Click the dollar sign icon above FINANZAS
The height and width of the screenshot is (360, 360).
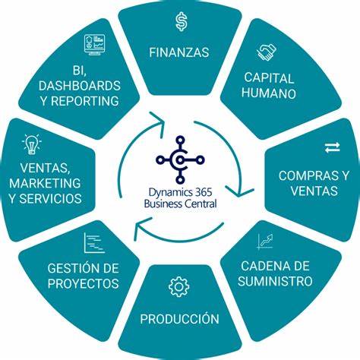click(182, 22)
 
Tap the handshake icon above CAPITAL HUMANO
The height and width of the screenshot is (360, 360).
click(267, 52)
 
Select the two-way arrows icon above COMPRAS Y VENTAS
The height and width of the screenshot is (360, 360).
click(333, 147)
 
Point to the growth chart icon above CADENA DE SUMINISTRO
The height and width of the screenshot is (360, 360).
click(265, 242)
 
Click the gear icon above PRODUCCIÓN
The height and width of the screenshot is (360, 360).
click(178, 286)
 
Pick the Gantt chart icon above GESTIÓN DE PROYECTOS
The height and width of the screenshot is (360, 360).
click(94, 243)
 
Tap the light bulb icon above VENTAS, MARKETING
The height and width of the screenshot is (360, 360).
click(32, 144)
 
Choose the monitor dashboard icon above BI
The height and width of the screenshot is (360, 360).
click(94, 45)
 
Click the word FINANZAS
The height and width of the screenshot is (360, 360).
click(179, 52)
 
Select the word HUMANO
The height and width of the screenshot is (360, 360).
click(269, 93)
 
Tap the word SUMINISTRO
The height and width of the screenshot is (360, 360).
click(275, 281)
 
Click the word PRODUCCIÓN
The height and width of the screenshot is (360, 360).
click(179, 318)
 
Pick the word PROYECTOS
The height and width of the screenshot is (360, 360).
click(83, 283)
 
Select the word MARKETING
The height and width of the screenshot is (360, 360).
click(45, 183)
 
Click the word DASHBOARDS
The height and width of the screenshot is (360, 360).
click(80, 86)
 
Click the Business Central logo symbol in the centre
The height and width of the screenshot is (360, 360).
click(180, 159)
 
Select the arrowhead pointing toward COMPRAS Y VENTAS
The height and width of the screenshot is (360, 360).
click(240, 191)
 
